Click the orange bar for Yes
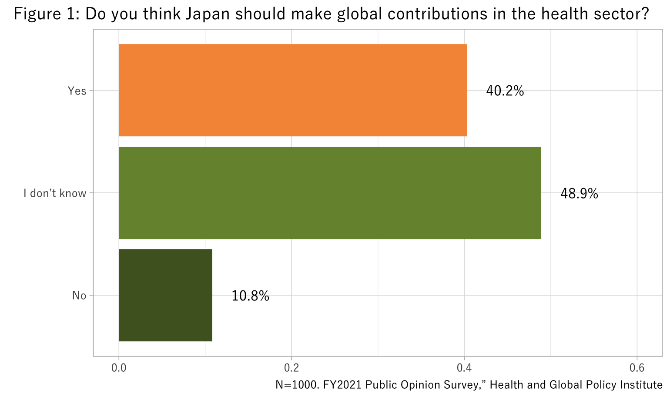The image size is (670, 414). coord(292,90)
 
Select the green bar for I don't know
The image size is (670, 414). coord(330,193)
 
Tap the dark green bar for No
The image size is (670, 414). coord(165,295)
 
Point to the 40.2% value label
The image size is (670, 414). coord(505,91)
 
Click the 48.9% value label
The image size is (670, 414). coord(579,194)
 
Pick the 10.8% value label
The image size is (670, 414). coord(250,296)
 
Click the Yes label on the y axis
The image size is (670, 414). coord(77,91)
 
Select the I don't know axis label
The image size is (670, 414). coord(55,193)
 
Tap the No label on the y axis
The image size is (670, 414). coord(79,296)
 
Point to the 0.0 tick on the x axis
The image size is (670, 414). coord(119,368)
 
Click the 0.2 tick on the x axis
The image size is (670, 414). coord(291,368)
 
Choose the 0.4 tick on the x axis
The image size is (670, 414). coord(464,368)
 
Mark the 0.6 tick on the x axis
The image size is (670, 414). coord(636,368)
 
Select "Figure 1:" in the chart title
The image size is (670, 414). coord(47,14)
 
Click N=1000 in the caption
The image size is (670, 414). coord(297,385)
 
